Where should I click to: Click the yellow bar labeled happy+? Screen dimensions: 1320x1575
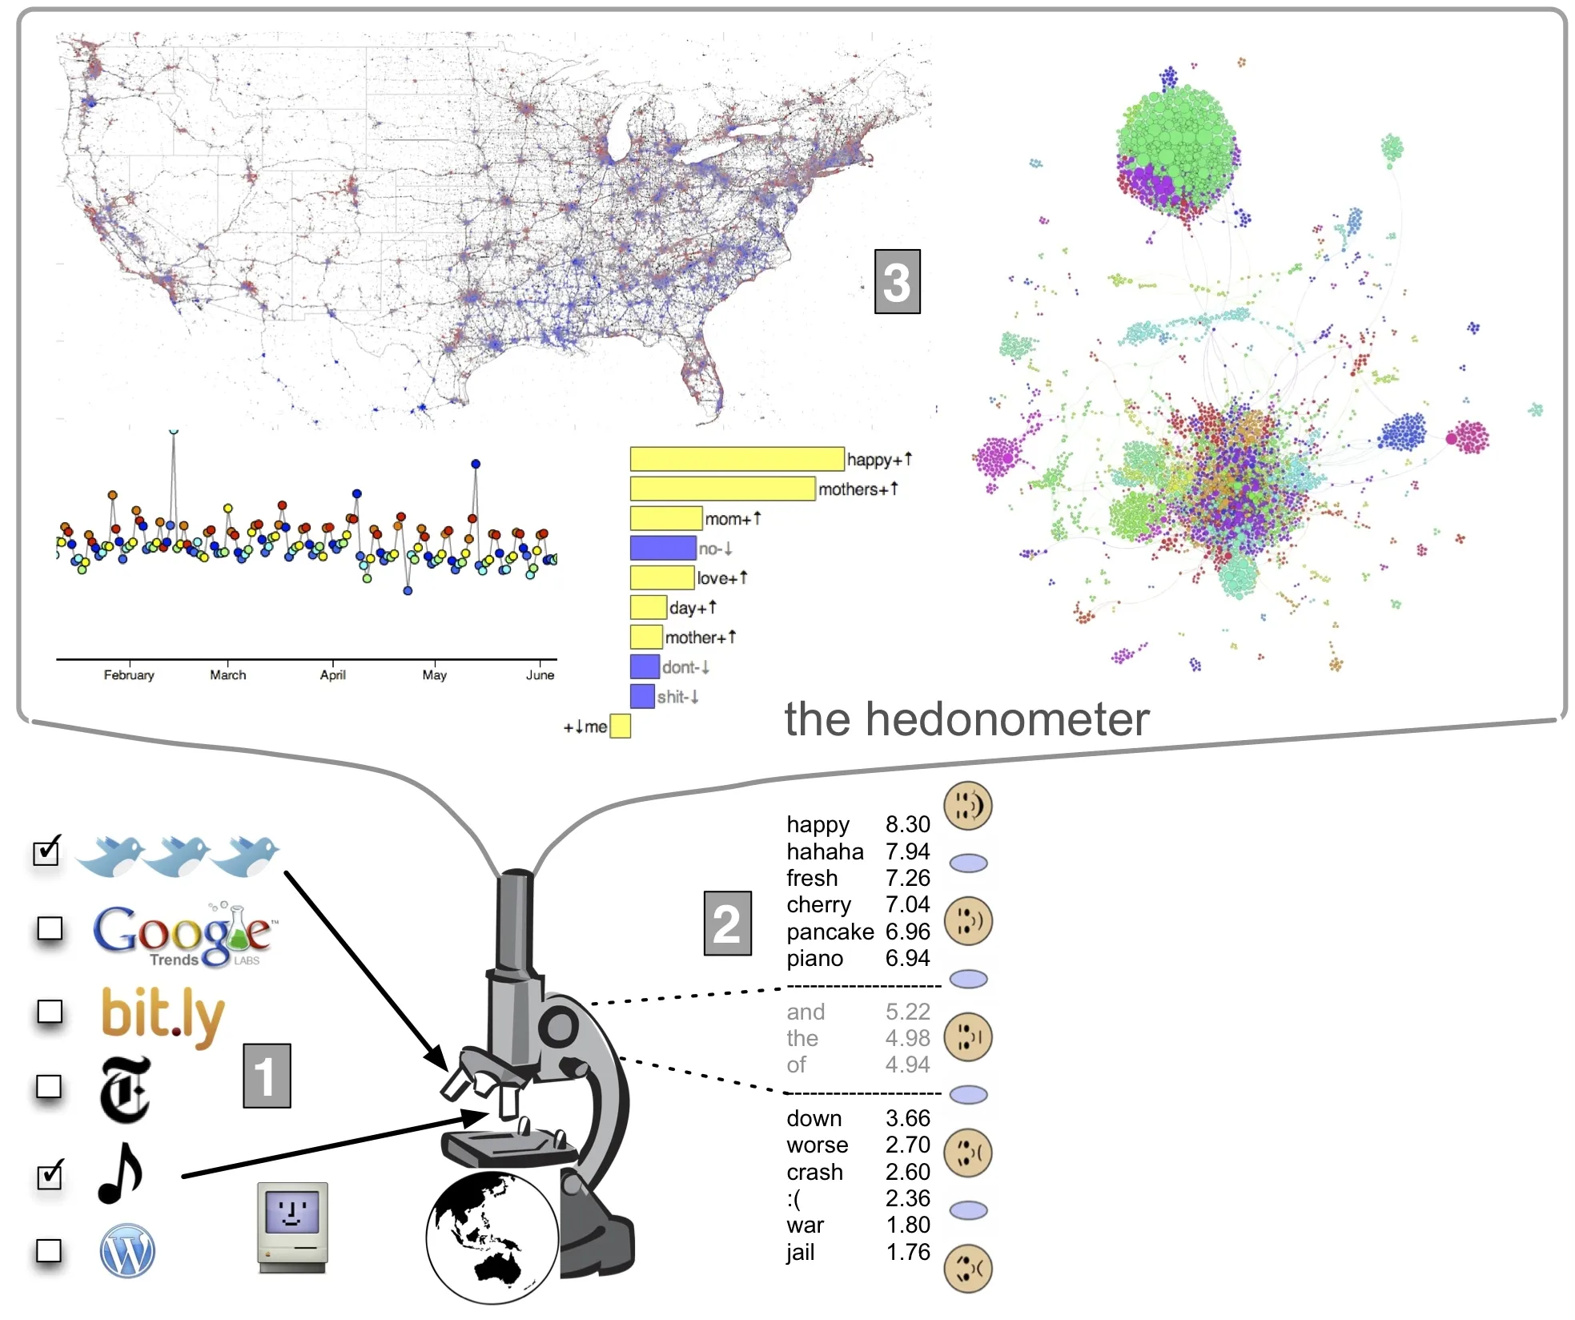(x=737, y=459)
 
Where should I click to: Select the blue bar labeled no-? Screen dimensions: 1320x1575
(x=662, y=548)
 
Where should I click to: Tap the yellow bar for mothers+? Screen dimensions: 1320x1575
(x=722, y=489)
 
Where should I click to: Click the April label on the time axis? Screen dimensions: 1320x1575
(x=332, y=675)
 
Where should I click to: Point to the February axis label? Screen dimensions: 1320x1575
(x=128, y=675)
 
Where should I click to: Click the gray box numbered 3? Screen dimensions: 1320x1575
(x=897, y=282)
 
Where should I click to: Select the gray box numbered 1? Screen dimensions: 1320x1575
(x=267, y=1076)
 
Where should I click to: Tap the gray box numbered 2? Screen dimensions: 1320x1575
(x=727, y=924)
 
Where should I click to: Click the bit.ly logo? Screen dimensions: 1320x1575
(x=163, y=1015)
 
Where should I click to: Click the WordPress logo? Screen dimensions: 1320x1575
(x=127, y=1250)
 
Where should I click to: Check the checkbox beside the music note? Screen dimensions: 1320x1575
(x=50, y=1176)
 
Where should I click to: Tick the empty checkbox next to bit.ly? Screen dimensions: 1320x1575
(x=50, y=1012)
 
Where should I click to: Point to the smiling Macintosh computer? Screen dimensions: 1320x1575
(x=292, y=1225)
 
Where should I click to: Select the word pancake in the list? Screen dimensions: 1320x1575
(x=830, y=932)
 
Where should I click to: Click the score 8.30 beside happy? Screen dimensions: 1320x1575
(x=907, y=824)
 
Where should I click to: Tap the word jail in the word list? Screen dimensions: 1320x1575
(x=800, y=1252)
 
